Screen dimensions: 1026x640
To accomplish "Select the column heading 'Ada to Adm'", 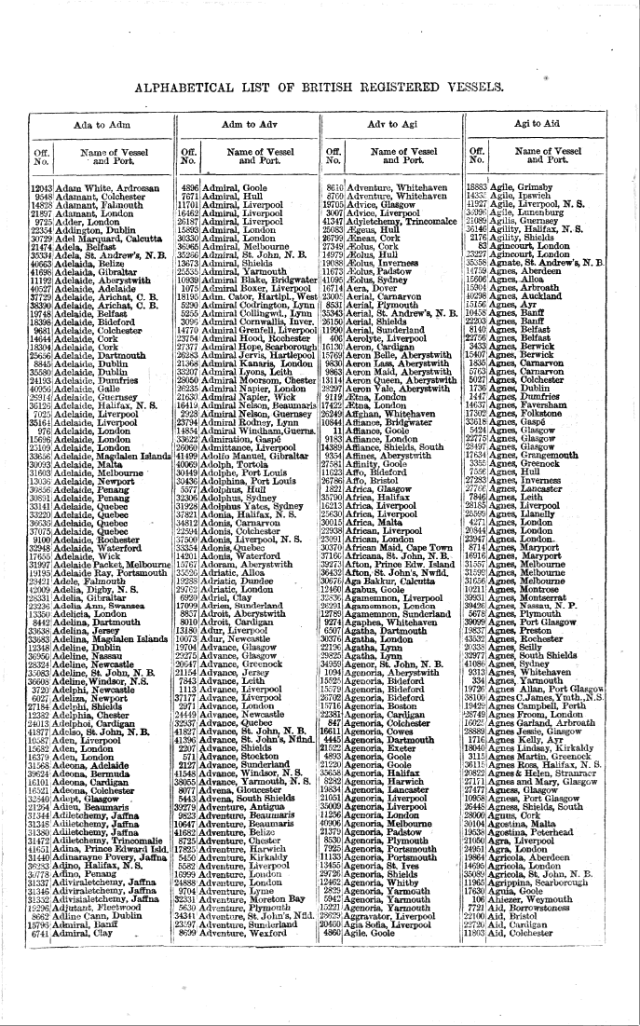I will [99, 125].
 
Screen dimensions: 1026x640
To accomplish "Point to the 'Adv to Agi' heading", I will [394, 124].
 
